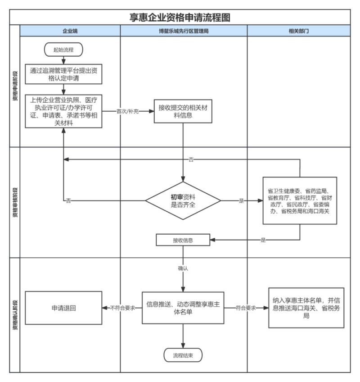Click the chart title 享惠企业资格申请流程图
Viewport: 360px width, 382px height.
(180, 17)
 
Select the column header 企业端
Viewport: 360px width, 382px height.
(70, 31)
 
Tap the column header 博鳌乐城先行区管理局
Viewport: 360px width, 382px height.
(184, 31)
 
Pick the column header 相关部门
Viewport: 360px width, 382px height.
(298, 31)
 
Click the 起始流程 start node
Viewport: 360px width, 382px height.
(63, 50)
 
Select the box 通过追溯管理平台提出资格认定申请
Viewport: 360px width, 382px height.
(63, 74)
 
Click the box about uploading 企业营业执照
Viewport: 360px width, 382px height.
(63, 111)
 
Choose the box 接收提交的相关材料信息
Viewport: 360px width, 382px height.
(183, 111)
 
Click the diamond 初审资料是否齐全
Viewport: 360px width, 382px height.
(183, 201)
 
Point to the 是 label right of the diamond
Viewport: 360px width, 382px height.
(241, 201)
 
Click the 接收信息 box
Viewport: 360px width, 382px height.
(183, 240)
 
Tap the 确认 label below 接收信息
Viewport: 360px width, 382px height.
(183, 268)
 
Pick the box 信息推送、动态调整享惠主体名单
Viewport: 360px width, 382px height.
(183, 308)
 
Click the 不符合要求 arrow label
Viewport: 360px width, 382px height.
(122, 308)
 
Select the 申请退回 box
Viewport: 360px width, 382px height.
(63, 308)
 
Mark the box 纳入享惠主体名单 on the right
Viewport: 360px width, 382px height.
(306, 308)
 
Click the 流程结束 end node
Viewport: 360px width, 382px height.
(183, 355)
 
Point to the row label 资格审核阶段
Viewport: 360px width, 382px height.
(15, 202)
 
